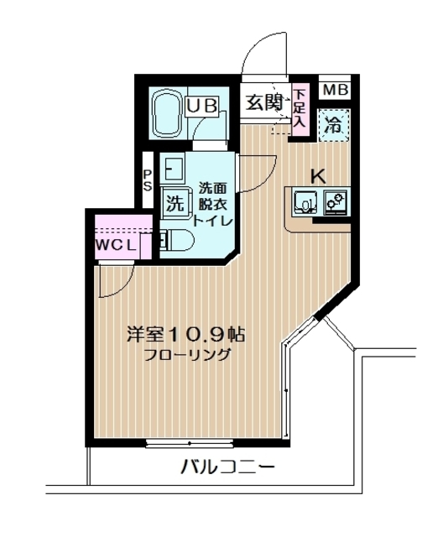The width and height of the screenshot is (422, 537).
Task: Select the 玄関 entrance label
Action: [x=263, y=103]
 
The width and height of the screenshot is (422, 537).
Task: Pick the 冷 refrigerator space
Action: [x=334, y=127]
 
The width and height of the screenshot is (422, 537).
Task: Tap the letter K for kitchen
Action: [x=318, y=176]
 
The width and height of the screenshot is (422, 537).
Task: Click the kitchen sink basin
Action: [x=304, y=202]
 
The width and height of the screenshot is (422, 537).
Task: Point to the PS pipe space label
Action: [x=147, y=180]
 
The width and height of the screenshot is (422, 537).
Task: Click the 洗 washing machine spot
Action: [x=174, y=202]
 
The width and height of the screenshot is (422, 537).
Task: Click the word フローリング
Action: [x=185, y=354]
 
